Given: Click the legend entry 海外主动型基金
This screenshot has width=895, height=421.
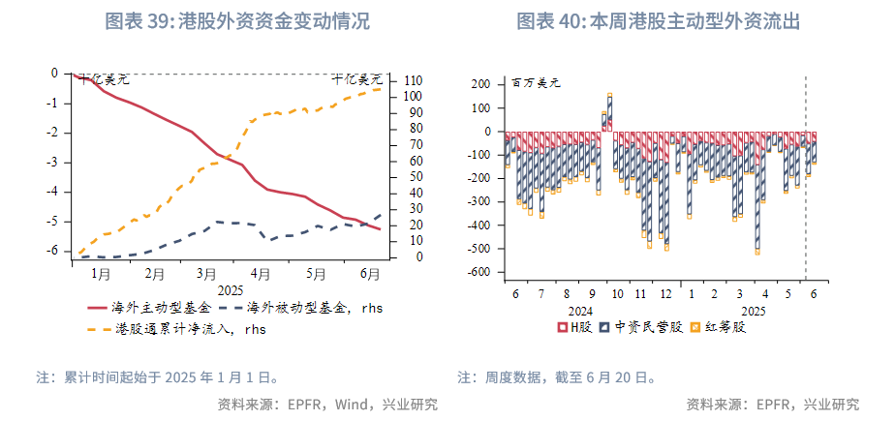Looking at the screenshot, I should tap(153, 309).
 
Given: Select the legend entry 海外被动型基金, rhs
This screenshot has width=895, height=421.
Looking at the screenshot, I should tap(300, 309).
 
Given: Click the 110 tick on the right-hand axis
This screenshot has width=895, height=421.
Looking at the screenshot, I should tap(412, 80).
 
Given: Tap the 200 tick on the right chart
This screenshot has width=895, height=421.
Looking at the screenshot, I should tap(481, 84).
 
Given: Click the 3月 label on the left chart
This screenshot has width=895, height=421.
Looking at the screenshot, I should tap(205, 274).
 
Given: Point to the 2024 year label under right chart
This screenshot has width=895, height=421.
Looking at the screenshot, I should tap(579, 311).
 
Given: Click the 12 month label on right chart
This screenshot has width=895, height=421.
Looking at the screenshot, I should tap(665, 293).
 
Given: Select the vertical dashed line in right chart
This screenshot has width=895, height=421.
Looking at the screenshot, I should tap(806, 194).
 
